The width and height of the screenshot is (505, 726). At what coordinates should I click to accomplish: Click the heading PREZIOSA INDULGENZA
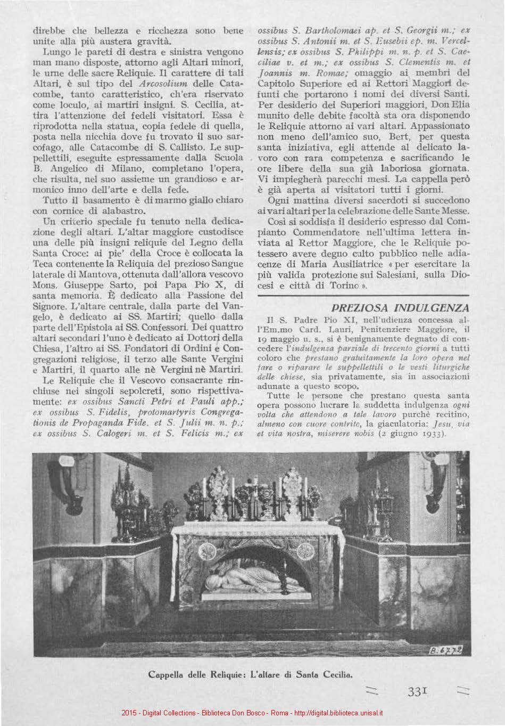pos(400,308)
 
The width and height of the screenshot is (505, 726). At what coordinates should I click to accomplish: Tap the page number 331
pos(418,691)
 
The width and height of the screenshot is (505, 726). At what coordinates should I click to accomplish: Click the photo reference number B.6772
pos(445,649)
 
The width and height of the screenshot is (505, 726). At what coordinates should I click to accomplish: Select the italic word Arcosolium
pos(164,84)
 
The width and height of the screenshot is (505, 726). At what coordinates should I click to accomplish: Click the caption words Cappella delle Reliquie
pos(195,674)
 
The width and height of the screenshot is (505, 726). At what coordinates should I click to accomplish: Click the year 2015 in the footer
pos(129,713)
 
